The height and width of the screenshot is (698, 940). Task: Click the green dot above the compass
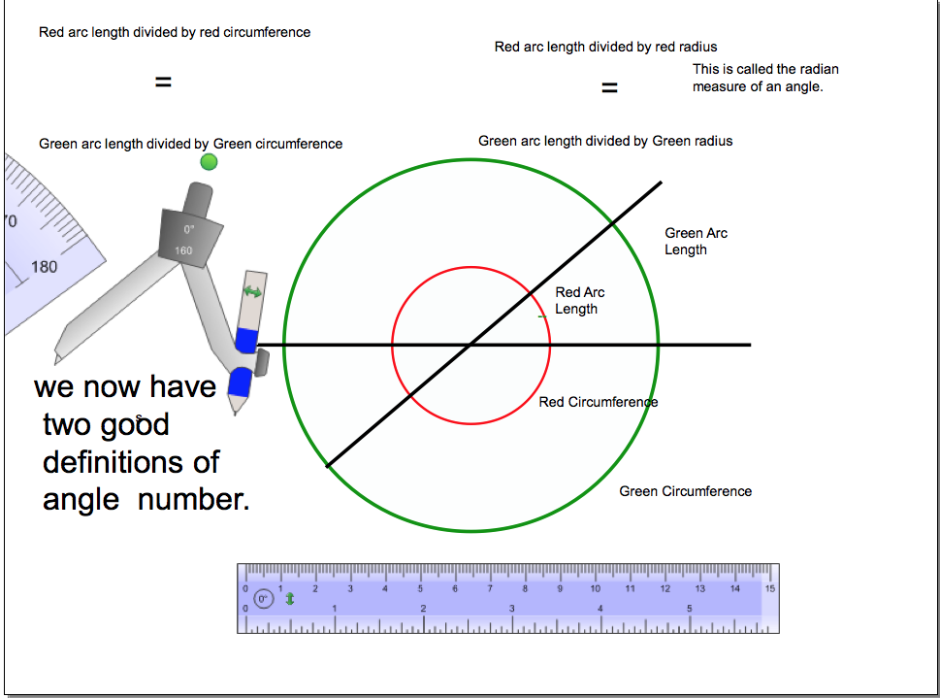click(209, 162)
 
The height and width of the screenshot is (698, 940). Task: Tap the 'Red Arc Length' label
click(579, 301)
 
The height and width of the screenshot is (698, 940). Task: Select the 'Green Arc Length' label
click(696, 242)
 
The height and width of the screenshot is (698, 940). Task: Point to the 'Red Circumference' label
click(598, 402)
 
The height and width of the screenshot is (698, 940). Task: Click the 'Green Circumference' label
click(685, 491)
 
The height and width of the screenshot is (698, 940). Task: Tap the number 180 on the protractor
click(44, 267)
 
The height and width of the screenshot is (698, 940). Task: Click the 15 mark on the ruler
click(769, 588)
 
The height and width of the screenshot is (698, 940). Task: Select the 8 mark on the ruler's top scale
click(525, 588)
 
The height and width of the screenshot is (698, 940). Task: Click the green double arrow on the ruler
click(289, 599)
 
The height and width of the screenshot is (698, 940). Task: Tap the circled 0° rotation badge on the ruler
click(264, 600)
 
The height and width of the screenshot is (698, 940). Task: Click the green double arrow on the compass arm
click(252, 291)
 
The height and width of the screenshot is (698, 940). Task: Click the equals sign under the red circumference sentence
click(163, 83)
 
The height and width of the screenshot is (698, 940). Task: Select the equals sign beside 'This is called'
click(609, 88)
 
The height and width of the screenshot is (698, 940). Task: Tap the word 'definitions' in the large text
click(131, 461)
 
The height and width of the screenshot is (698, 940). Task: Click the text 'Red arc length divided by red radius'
click(605, 47)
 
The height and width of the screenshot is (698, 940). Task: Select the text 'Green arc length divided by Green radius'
click(605, 141)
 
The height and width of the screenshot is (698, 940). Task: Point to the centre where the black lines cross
click(471, 345)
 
